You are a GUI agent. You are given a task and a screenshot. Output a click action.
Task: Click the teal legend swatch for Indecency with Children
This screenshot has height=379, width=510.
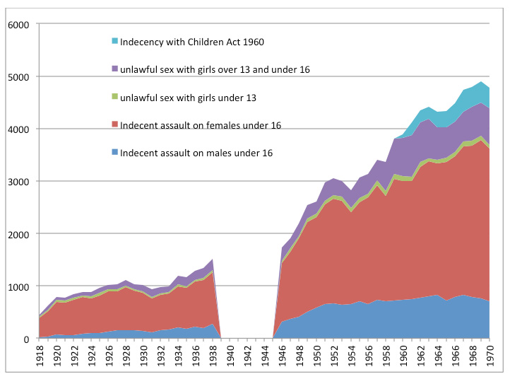[114, 42]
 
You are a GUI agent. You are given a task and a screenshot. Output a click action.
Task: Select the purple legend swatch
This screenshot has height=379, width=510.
[114, 69]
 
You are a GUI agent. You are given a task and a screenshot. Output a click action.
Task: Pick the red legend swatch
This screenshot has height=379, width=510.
[114, 125]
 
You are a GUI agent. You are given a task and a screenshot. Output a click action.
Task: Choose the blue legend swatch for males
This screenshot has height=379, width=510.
[114, 153]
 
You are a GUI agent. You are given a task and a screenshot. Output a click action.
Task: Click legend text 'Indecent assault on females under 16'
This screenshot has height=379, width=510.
[201, 125]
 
